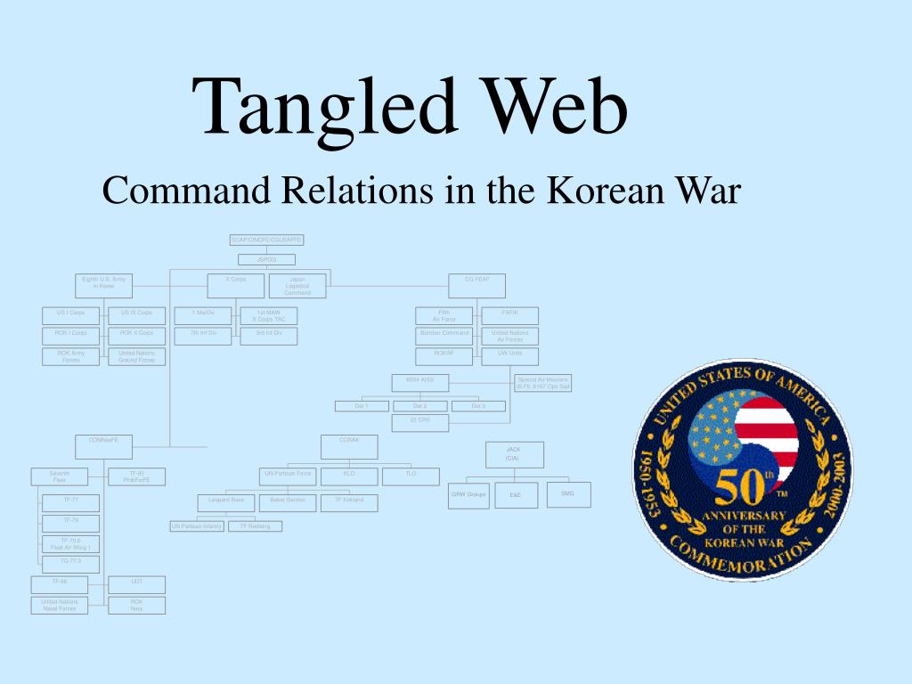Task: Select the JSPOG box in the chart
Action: pos(266,259)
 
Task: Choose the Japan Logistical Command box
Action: pos(297,285)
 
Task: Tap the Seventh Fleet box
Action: pos(59,476)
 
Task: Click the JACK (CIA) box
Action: pos(513,454)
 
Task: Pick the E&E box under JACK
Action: pos(516,495)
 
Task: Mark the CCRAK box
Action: pos(349,444)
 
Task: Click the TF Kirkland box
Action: pos(349,502)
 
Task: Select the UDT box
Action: pos(136,584)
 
